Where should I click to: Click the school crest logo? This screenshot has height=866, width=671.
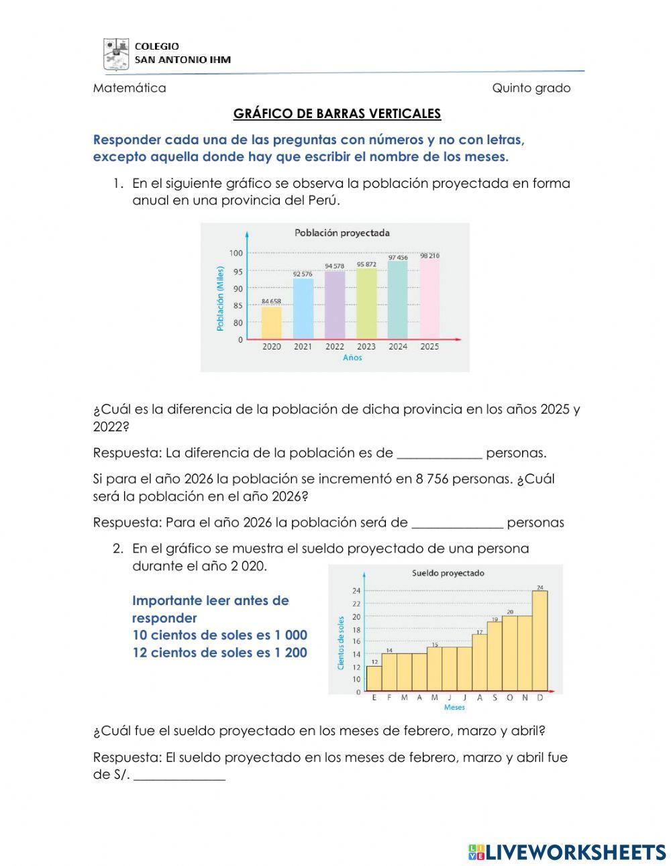115,54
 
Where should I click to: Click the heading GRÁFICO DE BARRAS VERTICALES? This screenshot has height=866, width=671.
337,113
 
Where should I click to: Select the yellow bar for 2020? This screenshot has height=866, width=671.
271,322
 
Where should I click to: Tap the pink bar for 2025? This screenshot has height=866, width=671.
429,299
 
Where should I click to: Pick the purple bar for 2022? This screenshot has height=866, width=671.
334,305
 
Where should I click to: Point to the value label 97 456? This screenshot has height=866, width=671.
398,258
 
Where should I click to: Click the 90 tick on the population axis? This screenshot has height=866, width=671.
237,288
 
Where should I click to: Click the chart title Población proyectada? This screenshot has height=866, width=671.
342,233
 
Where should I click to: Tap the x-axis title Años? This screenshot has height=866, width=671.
352,358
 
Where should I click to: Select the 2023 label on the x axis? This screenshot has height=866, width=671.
366,347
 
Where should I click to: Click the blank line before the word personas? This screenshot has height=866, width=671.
440,453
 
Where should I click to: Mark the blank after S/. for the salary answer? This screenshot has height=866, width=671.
180,777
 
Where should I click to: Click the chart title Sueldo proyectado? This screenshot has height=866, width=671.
448,573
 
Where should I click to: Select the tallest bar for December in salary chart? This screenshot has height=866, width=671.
539,641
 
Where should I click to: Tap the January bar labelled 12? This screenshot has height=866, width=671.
374,678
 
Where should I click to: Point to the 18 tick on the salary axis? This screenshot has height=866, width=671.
356,629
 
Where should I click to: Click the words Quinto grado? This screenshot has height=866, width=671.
531,88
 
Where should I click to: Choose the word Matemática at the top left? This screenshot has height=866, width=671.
130,88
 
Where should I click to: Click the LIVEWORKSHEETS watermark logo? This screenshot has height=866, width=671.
567,852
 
